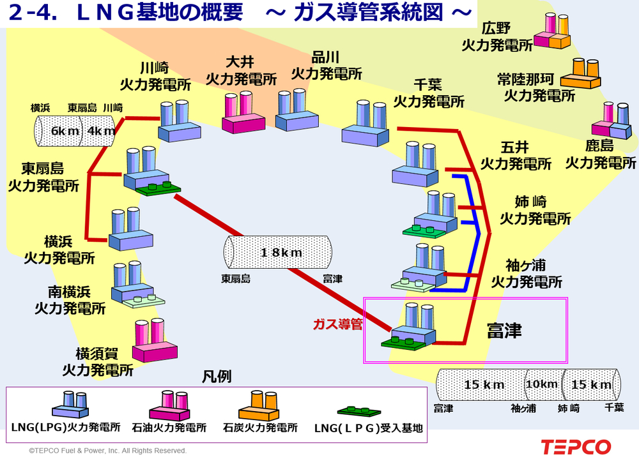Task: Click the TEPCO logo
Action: (x=575, y=446)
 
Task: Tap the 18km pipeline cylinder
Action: (x=280, y=252)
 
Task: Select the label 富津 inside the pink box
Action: (x=504, y=331)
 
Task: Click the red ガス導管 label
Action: (x=337, y=324)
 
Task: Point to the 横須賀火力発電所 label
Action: (x=97, y=361)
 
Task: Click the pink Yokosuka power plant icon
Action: (x=155, y=342)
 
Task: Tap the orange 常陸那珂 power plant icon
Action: (x=580, y=74)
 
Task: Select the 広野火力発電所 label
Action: (x=497, y=37)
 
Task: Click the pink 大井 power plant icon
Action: (x=242, y=113)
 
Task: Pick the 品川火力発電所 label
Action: (x=327, y=65)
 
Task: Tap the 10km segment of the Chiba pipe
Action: (x=541, y=384)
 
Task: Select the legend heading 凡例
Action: (x=217, y=377)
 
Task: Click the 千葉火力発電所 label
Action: (x=429, y=93)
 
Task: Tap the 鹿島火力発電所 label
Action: (x=600, y=154)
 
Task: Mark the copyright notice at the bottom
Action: (x=107, y=451)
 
